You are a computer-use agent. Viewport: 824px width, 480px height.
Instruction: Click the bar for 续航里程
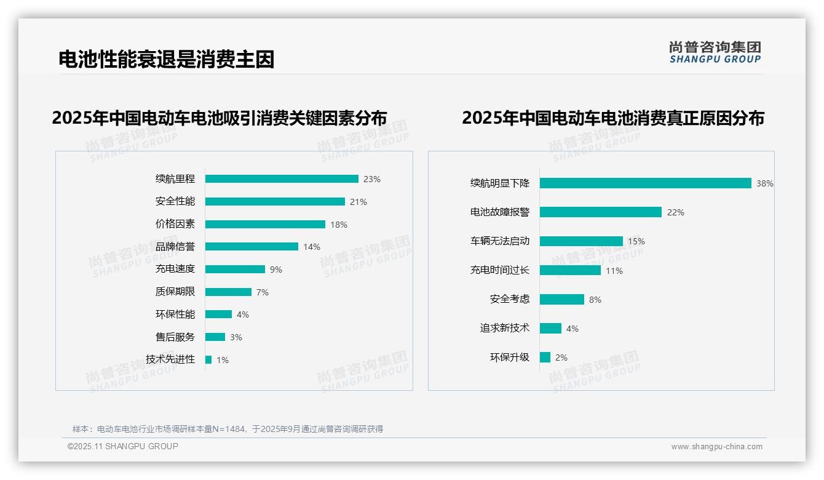click(x=282, y=179)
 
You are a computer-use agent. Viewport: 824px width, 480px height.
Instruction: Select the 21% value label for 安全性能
click(x=359, y=202)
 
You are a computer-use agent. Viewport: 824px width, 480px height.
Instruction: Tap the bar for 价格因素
click(x=265, y=224)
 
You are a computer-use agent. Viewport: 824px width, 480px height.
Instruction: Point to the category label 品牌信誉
click(x=175, y=247)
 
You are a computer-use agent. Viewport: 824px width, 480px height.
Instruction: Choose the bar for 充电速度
click(x=235, y=270)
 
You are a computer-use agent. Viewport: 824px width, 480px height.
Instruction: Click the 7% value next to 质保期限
click(x=263, y=292)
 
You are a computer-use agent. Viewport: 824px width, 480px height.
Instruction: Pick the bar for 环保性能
click(x=218, y=314)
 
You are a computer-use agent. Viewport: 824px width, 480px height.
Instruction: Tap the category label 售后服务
click(x=175, y=337)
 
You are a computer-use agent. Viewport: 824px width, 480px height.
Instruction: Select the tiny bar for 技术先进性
click(x=208, y=359)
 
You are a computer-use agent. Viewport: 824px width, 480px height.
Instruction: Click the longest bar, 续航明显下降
click(x=646, y=183)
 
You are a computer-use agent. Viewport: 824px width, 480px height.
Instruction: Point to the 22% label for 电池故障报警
click(x=676, y=212)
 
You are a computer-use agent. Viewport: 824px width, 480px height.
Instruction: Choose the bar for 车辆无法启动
click(x=581, y=241)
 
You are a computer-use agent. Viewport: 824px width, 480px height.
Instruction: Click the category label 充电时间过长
click(x=500, y=270)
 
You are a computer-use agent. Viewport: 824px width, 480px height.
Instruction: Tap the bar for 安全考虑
click(x=562, y=299)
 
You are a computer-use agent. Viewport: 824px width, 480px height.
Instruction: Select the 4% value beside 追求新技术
click(x=572, y=329)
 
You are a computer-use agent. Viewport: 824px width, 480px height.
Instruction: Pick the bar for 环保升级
click(x=545, y=358)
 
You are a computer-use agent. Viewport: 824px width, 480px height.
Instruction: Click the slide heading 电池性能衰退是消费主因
click(x=166, y=59)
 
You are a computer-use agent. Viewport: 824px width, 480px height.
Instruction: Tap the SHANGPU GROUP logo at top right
click(x=715, y=52)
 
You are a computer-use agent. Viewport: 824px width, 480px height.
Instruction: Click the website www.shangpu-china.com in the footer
click(x=716, y=447)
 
